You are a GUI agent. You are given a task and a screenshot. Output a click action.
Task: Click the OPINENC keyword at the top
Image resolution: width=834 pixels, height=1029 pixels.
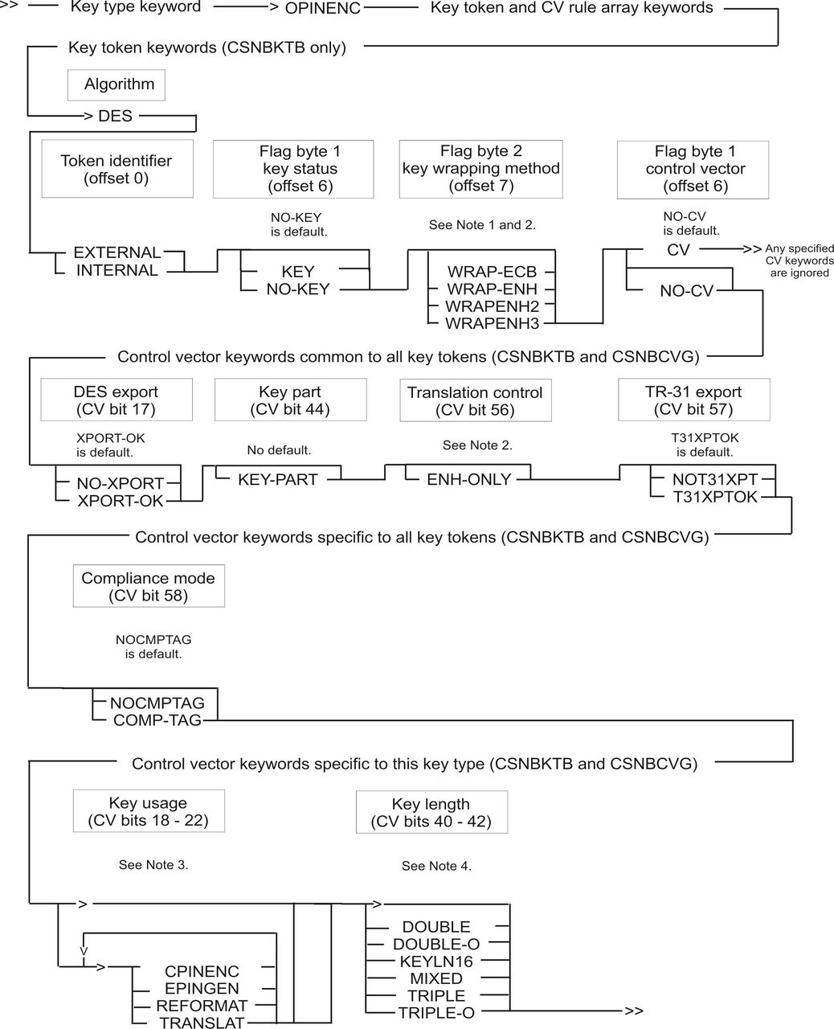(322, 8)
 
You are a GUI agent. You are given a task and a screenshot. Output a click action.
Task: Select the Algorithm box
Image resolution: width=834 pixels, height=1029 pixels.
(117, 85)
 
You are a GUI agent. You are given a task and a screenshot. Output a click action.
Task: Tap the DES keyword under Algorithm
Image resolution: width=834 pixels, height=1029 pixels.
(115, 116)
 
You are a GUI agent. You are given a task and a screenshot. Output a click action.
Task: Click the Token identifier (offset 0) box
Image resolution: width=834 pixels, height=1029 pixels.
(117, 169)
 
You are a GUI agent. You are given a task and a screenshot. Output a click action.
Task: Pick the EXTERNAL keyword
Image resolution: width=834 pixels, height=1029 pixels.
(117, 252)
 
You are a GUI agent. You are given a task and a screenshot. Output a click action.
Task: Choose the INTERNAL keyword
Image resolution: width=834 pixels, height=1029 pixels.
(117, 270)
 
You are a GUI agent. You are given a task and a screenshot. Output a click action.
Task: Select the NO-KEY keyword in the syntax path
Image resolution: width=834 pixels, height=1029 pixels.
(298, 289)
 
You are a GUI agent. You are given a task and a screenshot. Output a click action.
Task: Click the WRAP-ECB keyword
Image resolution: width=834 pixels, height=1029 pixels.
(492, 272)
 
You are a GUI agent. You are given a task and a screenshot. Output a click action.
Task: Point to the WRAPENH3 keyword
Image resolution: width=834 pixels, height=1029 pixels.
(492, 323)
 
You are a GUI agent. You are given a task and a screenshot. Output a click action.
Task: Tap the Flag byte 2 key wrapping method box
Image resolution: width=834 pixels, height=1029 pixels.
(481, 169)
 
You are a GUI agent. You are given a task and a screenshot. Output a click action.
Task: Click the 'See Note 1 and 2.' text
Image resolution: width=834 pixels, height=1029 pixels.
(482, 224)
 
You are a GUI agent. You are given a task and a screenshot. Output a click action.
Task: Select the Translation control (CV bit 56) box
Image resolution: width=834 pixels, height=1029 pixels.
(476, 400)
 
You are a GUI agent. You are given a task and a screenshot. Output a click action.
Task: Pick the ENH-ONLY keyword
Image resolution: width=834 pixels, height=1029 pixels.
(469, 479)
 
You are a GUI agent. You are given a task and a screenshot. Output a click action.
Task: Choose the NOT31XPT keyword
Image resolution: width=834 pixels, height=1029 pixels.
(715, 479)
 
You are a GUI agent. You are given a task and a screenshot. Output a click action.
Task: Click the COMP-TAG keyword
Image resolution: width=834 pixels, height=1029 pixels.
(157, 719)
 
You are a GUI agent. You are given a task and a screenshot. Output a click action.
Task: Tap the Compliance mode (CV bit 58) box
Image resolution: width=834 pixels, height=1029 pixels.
(149, 585)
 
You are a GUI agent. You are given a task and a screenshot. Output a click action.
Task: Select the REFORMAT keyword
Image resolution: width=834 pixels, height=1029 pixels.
(202, 1006)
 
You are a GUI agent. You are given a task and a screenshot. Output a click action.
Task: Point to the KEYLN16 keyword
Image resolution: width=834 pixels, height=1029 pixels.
(436, 961)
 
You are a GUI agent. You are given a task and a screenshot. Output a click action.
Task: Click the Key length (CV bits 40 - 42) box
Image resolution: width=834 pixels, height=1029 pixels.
(431, 812)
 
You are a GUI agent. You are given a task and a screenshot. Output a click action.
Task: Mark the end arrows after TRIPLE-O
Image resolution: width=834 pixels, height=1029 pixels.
(634, 1011)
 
